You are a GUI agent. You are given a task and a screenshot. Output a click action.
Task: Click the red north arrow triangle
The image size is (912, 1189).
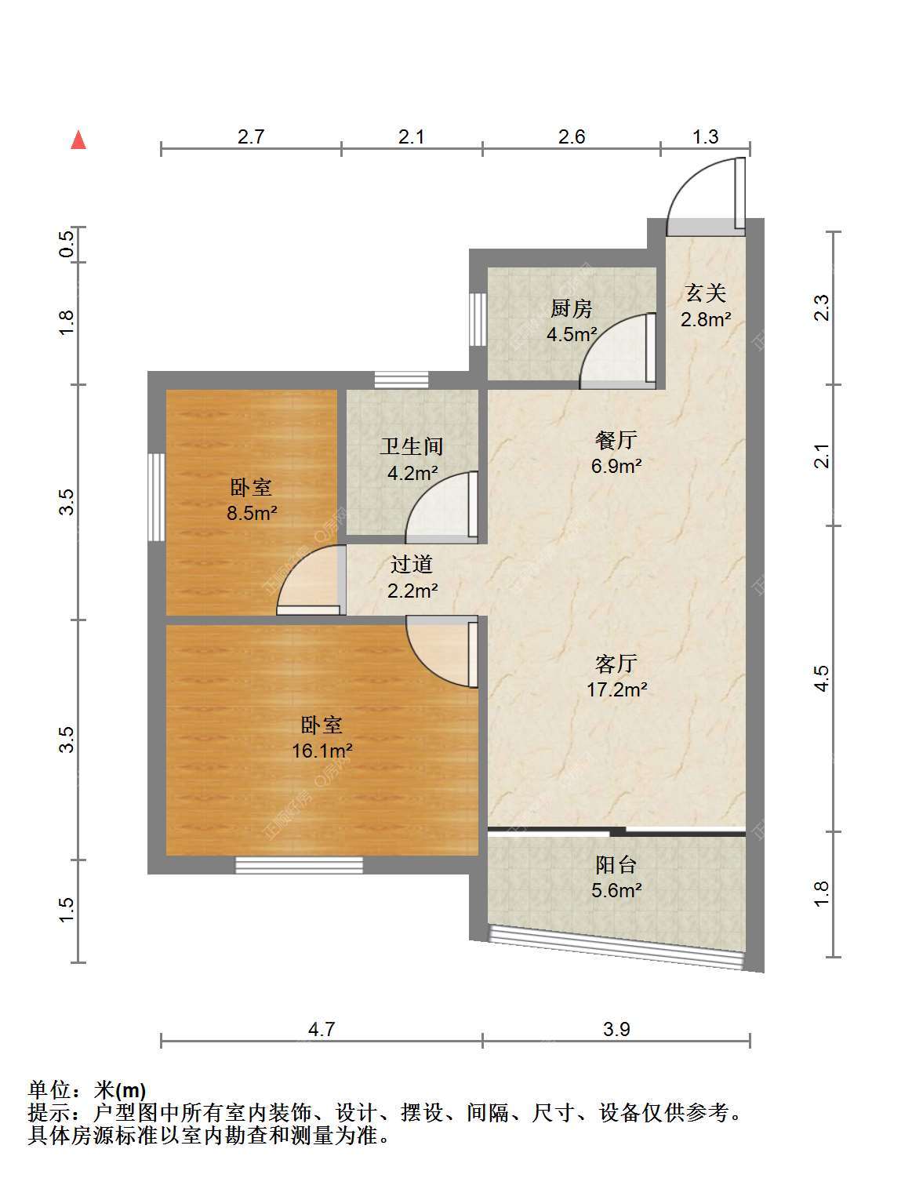(x=78, y=140)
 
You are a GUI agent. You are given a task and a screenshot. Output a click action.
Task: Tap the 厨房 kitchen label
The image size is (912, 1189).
(x=571, y=308)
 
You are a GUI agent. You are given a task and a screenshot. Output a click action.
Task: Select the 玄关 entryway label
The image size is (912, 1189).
(x=706, y=293)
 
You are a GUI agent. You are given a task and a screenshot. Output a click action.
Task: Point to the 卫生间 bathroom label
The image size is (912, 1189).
(x=412, y=446)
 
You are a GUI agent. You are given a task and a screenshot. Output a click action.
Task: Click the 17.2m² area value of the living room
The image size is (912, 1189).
(x=616, y=689)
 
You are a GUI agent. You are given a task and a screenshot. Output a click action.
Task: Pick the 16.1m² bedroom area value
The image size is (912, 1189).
(x=322, y=750)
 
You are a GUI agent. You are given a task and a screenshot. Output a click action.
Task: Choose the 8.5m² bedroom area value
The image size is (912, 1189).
(x=252, y=513)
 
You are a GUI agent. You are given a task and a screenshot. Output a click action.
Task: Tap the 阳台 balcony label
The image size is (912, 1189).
(x=616, y=864)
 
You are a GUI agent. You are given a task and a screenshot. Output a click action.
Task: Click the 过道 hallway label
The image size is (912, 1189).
(x=412, y=564)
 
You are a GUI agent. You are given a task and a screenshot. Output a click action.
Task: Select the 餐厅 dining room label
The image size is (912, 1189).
(x=616, y=439)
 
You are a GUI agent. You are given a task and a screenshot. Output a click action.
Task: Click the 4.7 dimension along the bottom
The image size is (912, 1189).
(x=322, y=1030)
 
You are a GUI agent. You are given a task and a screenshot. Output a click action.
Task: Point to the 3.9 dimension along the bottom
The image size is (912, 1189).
(x=616, y=1030)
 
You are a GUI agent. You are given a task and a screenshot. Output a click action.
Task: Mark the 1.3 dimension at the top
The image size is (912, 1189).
(x=705, y=136)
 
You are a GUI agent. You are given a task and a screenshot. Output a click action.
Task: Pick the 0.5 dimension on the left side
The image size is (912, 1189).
(x=66, y=244)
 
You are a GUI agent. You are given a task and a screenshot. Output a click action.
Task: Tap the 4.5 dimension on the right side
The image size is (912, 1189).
(x=822, y=678)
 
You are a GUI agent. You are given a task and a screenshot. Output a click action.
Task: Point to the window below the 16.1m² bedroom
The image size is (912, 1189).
(x=300, y=865)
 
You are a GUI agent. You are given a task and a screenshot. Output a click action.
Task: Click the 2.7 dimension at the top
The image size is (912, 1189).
(x=251, y=136)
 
